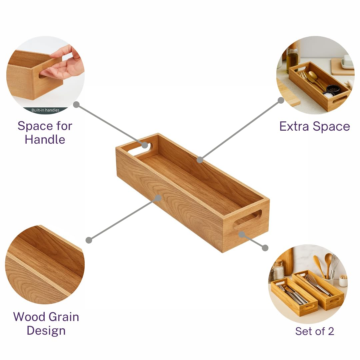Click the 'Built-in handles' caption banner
[45, 110]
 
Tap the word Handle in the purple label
[45, 140]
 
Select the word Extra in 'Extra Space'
[294, 126]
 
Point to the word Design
[46, 331]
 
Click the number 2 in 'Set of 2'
[331, 331]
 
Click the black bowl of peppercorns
[333, 89]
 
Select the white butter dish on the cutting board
[347, 62]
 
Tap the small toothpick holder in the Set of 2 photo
[343, 281]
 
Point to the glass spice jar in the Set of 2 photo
[279, 270]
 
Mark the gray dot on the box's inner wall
[200, 160]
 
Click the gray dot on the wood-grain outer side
[158, 198]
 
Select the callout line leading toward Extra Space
[240, 130]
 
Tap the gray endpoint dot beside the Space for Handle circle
[76, 105]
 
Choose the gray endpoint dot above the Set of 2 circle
[265, 248]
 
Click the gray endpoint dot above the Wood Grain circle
[89, 240]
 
